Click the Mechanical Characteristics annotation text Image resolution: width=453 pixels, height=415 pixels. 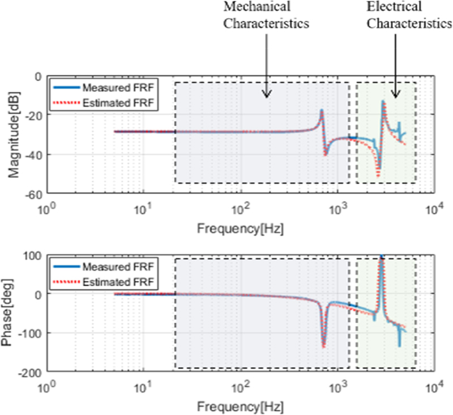click(266, 15)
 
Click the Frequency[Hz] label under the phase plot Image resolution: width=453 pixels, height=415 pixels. click(240, 407)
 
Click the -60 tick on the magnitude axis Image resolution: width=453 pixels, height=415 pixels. click(35, 194)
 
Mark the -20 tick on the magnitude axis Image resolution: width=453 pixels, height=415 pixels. click(35, 115)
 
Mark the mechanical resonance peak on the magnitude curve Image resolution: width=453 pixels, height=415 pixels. click(322, 111)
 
